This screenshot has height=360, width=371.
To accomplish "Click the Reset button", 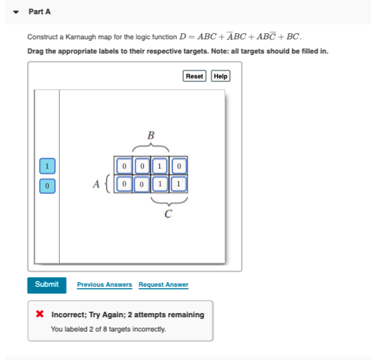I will [x=195, y=76].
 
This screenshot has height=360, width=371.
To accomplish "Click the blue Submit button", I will [x=47, y=285].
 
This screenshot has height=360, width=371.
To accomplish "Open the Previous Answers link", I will [x=104, y=285].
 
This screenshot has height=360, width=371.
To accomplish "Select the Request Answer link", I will [x=163, y=285].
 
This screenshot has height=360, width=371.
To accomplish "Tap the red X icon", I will [x=40, y=315].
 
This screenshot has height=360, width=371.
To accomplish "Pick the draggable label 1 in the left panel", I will [x=46, y=165].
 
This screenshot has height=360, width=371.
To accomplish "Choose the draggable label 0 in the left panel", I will [x=46, y=184].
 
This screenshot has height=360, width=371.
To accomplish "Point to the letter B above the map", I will [x=151, y=134].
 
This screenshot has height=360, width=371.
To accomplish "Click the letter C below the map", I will [x=168, y=215].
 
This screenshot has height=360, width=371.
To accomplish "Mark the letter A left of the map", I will [x=96, y=184].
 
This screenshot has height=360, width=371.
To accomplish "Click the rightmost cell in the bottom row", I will [x=178, y=184].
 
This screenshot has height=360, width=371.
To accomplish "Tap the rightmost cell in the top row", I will [x=178, y=165].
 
